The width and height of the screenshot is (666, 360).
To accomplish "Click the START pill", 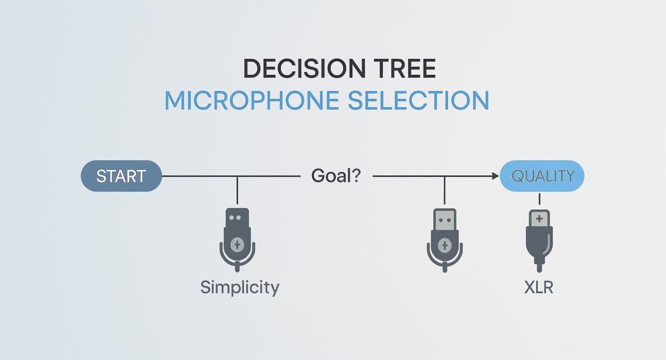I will pyautogui.click(x=121, y=176).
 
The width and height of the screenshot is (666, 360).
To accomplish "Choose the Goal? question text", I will pyautogui.click(x=335, y=176).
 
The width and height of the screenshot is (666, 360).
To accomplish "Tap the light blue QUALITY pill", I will pyautogui.click(x=542, y=176).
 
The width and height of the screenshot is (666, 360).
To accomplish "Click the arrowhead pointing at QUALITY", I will pyautogui.click(x=496, y=176).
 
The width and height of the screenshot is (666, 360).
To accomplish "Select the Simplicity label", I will pyautogui.click(x=240, y=287).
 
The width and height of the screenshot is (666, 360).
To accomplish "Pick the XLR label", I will pyautogui.click(x=538, y=287).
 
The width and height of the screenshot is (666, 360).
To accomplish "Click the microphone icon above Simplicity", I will pyautogui.click(x=237, y=239).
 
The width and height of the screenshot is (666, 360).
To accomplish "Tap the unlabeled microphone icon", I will pyautogui.click(x=444, y=239).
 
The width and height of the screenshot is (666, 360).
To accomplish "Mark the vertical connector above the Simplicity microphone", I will pyautogui.click(x=237, y=191).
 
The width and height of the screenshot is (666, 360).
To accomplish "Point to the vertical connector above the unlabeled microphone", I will pyautogui.click(x=444, y=191).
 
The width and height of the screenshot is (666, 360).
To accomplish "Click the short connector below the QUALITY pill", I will pyautogui.click(x=539, y=199).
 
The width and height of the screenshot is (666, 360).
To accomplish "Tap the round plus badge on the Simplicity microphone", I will pyautogui.click(x=237, y=245).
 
